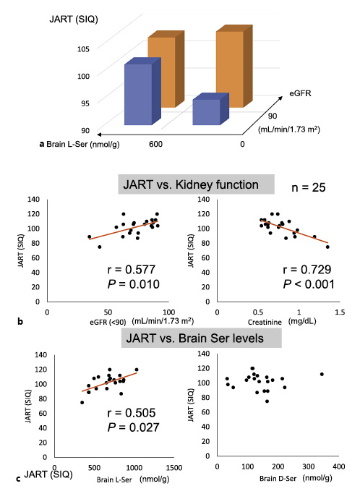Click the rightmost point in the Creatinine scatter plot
[327, 247]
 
